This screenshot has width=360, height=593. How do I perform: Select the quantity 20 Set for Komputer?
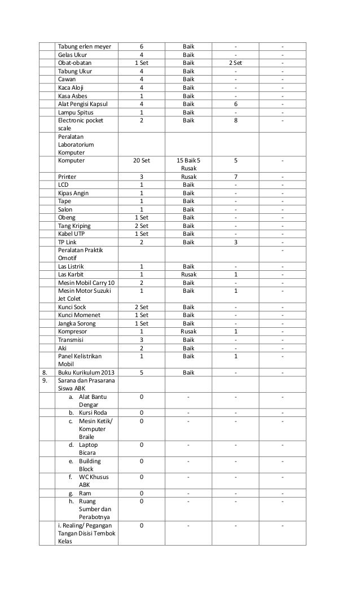click(x=141, y=160)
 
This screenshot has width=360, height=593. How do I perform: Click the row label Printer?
click(x=67, y=177)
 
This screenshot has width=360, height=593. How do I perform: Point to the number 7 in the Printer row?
click(x=235, y=177)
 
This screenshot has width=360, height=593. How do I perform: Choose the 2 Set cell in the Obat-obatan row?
click(x=235, y=63)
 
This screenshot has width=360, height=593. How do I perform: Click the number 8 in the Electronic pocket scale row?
click(x=235, y=120)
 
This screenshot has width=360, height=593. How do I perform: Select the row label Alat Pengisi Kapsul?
click(x=83, y=103)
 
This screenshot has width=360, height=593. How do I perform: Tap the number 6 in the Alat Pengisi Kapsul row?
click(x=235, y=103)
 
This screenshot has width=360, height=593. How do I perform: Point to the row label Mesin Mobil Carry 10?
click(x=86, y=283)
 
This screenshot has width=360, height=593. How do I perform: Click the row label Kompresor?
click(x=73, y=331)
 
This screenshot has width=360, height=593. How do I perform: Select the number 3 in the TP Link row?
click(x=235, y=241)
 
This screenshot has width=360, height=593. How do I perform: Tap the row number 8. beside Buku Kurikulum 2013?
click(x=45, y=372)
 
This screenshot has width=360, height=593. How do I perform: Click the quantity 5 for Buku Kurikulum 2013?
click(x=141, y=372)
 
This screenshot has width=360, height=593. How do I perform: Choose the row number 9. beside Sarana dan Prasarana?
click(x=45, y=380)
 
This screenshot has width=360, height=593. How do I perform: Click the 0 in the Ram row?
click(x=141, y=493)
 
